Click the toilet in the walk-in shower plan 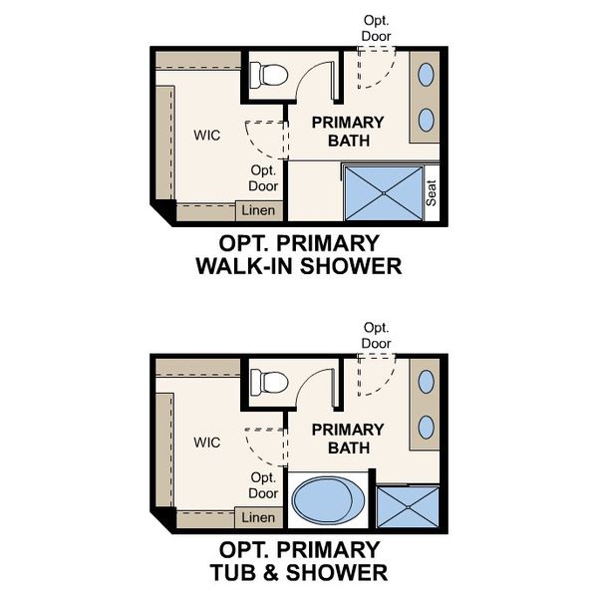[x=269, y=74]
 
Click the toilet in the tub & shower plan [x=269, y=381]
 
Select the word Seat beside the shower [x=432, y=192]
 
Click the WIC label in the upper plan [x=206, y=134]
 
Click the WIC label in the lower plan [x=206, y=442]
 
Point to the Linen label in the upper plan [x=258, y=210]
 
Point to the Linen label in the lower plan [x=258, y=517]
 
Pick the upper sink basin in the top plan [x=427, y=75]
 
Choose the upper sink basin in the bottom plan [x=427, y=383]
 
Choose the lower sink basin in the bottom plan [x=427, y=427]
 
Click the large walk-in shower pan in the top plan [x=383, y=193]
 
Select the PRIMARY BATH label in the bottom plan [x=348, y=439]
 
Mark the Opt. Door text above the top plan [x=377, y=28]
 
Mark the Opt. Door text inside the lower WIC [x=263, y=485]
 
